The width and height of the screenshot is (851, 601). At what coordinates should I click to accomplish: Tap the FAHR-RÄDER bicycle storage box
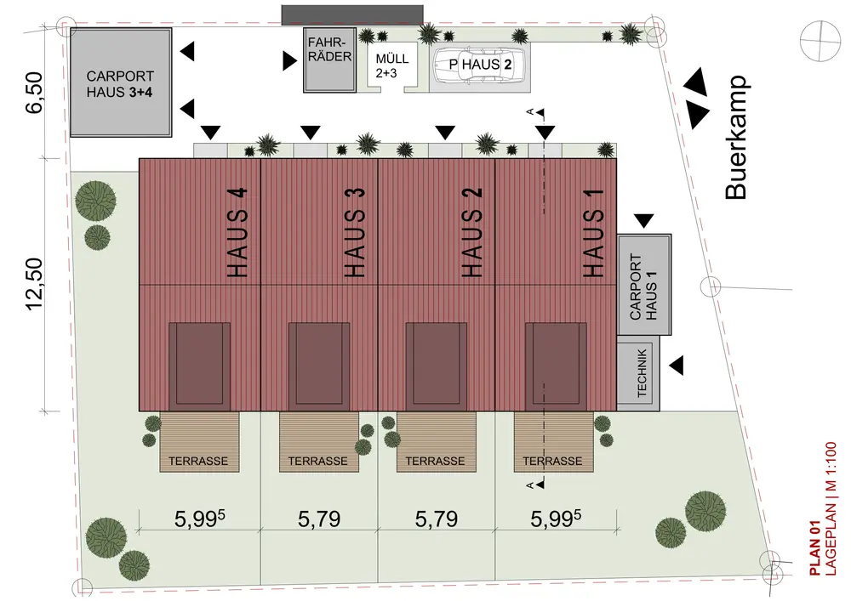[x=329, y=60]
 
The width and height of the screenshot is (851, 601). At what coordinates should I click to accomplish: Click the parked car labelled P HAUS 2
[x=481, y=65]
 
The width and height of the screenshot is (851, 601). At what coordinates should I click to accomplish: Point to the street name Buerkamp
[x=735, y=138]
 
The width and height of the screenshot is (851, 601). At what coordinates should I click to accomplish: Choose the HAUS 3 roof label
[x=357, y=231]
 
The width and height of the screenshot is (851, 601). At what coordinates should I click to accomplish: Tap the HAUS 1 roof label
[x=593, y=231]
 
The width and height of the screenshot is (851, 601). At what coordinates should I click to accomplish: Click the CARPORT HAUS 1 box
[x=645, y=286]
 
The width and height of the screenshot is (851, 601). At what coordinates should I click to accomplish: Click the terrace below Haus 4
[x=198, y=442]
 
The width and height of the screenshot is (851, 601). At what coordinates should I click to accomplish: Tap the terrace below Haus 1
[x=552, y=442]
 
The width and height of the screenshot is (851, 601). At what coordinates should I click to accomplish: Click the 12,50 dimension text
[x=34, y=286]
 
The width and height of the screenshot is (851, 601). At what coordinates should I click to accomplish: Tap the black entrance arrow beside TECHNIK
[x=677, y=365]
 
